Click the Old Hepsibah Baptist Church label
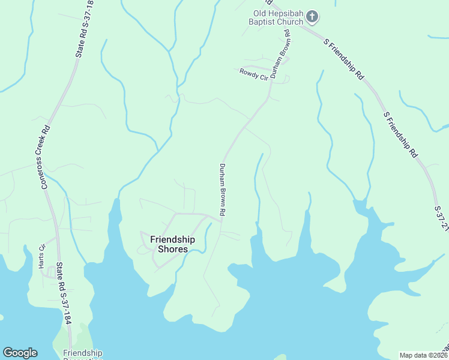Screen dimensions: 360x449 click(x=277, y=18)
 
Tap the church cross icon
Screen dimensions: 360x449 click(x=312, y=16)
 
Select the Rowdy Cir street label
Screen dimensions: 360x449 click(x=253, y=75)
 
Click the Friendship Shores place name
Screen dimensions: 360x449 click(x=169, y=244)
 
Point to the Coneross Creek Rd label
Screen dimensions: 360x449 click(x=44, y=157)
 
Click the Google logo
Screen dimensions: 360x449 click(x=20, y=353)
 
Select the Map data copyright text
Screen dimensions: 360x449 click(x=424, y=355)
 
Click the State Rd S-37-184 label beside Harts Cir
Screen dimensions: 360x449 click(x=63, y=293)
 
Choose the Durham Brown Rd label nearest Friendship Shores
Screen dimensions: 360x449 click(x=222, y=190)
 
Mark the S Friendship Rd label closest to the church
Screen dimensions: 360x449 click(x=345, y=59)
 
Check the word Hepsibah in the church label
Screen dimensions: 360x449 click(x=286, y=14)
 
